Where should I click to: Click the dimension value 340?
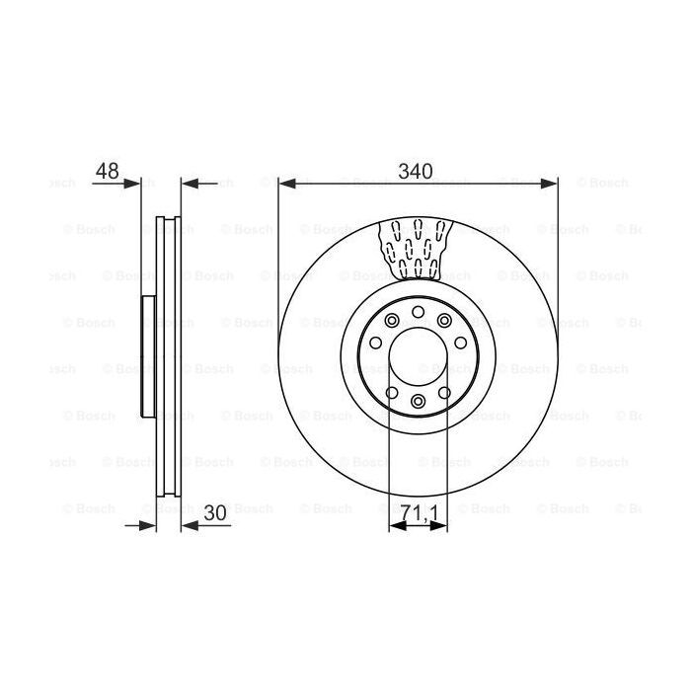(x=416, y=171)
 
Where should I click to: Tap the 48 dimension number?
(x=107, y=171)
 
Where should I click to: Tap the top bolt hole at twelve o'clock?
(x=418, y=313)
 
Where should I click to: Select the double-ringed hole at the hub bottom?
(x=418, y=400)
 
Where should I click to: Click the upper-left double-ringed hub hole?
(x=393, y=320)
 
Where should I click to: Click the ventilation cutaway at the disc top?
(x=417, y=247)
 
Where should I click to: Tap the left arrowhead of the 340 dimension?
(x=285, y=183)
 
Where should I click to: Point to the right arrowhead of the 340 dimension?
(x=551, y=183)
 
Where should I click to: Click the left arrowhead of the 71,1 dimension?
(x=396, y=525)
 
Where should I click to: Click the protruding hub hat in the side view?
(x=148, y=357)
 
